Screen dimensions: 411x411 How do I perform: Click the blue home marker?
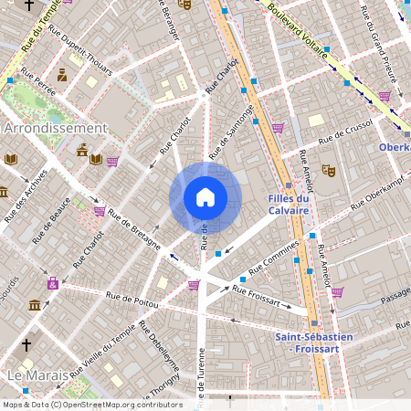(x=205, y=196)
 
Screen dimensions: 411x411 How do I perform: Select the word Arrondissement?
(x=56, y=129)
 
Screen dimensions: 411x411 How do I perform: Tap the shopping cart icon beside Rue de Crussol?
(x=278, y=127)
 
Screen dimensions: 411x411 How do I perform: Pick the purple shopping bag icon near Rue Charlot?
(x=53, y=283)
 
